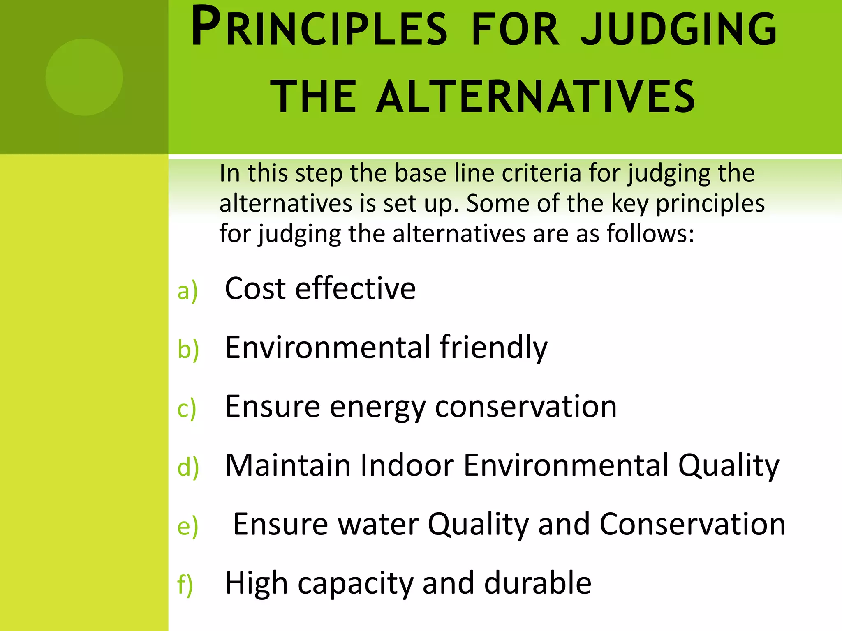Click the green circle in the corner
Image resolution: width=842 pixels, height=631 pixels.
[x=84, y=77]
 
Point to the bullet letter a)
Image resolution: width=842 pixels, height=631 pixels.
[x=187, y=291]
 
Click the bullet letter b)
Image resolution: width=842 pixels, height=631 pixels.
[x=188, y=350]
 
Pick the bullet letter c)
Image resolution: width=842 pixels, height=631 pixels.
[x=187, y=409]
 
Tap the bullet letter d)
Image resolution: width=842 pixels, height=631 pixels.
[x=188, y=467]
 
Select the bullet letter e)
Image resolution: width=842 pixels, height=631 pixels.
[x=187, y=527]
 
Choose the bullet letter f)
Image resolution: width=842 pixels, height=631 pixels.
[x=185, y=585]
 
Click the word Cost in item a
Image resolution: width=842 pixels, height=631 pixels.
[x=255, y=288]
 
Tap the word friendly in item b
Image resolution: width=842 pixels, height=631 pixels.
[x=493, y=348]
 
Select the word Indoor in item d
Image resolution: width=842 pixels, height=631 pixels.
[x=407, y=465]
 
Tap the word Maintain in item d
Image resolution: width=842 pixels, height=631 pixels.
[x=288, y=465]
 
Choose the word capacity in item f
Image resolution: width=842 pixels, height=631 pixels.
[x=355, y=584]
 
